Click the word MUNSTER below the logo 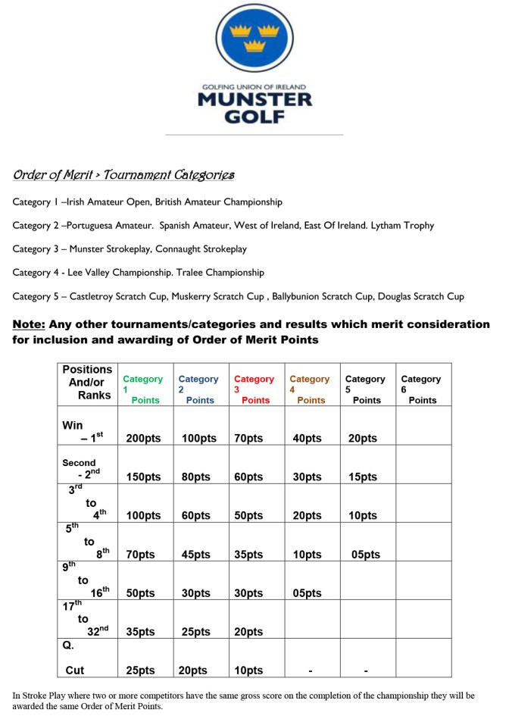254,100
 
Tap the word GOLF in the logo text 254,117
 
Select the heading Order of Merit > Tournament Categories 123,175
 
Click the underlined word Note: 29,324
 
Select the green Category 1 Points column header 143,389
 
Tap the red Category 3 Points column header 254,389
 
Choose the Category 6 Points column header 421,389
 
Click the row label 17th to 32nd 85,619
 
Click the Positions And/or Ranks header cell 87,383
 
